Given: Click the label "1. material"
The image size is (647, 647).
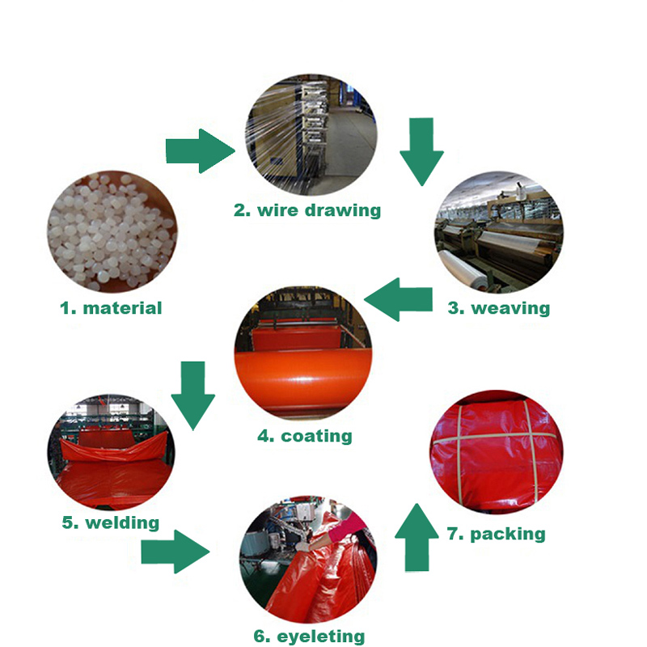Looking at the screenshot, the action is [x=111, y=308].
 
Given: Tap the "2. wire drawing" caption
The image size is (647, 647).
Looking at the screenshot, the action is [x=307, y=210].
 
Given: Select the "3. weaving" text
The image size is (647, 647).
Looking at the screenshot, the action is [x=499, y=308].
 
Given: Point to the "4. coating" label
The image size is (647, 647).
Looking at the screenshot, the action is [x=305, y=436].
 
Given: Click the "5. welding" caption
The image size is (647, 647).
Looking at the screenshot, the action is [x=110, y=522].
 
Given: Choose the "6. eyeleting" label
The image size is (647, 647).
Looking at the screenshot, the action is [x=309, y=636].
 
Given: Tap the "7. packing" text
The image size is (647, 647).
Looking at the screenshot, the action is [x=496, y=534].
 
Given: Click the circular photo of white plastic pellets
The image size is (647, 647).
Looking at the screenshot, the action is [x=112, y=232].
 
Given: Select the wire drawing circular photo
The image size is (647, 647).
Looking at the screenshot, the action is [x=311, y=135].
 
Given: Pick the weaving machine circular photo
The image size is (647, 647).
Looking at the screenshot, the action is [x=498, y=233].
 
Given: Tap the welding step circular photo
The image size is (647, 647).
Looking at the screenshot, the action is [x=111, y=452].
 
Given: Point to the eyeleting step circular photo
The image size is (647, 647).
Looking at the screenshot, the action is [x=308, y=559].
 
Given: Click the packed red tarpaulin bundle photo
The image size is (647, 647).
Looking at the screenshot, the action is [x=497, y=452].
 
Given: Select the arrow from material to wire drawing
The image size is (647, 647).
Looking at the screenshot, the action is [x=201, y=151].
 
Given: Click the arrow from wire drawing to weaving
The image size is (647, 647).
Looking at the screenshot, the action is [x=421, y=152].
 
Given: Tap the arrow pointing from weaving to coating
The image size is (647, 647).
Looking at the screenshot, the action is [x=398, y=299].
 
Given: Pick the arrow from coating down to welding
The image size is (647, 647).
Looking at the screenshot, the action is [x=193, y=396].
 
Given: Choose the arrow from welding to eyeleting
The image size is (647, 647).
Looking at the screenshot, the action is [x=175, y=552].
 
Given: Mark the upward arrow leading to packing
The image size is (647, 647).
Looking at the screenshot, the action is [x=417, y=537].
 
